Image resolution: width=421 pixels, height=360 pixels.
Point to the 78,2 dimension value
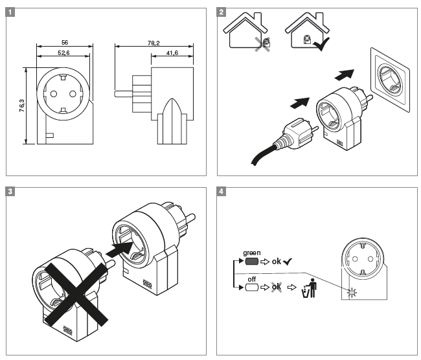tap(154, 43)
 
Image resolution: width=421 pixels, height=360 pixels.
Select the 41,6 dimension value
tap(172, 54)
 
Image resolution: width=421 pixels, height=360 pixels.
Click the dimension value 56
tap(63, 43)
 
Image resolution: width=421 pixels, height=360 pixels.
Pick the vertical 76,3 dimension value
tap(21, 106)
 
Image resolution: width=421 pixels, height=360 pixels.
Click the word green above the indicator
tap(252, 253)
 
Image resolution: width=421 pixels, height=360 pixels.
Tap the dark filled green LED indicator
tap(252, 262)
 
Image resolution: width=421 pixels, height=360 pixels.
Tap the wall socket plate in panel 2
tap(392, 78)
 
